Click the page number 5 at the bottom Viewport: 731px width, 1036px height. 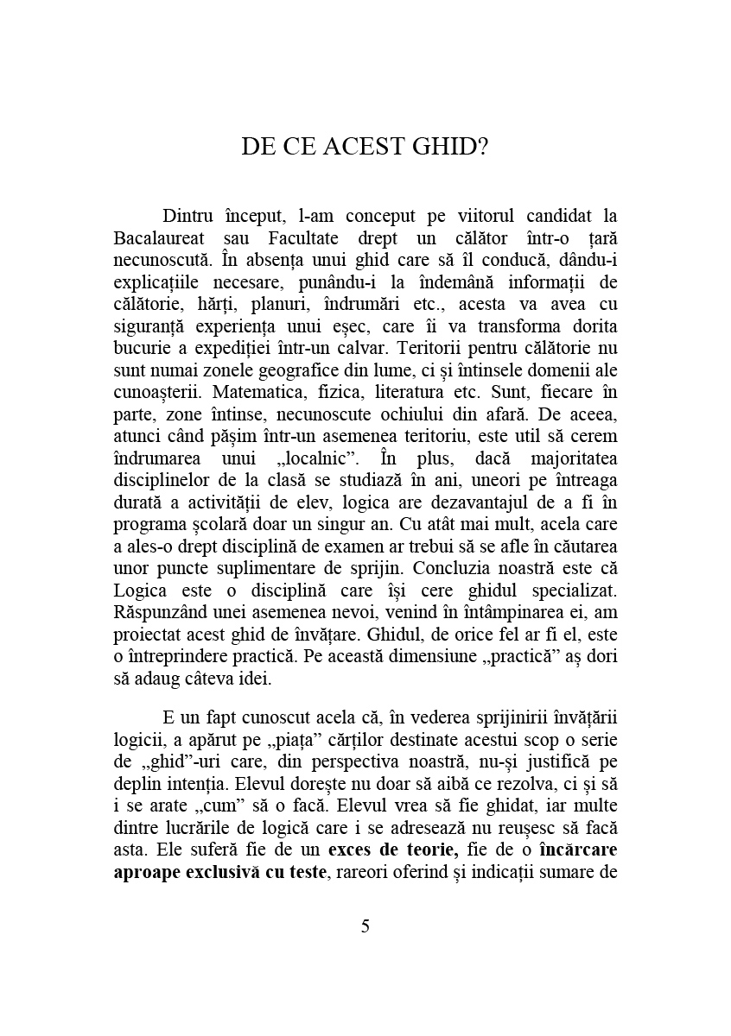click(x=365, y=926)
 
